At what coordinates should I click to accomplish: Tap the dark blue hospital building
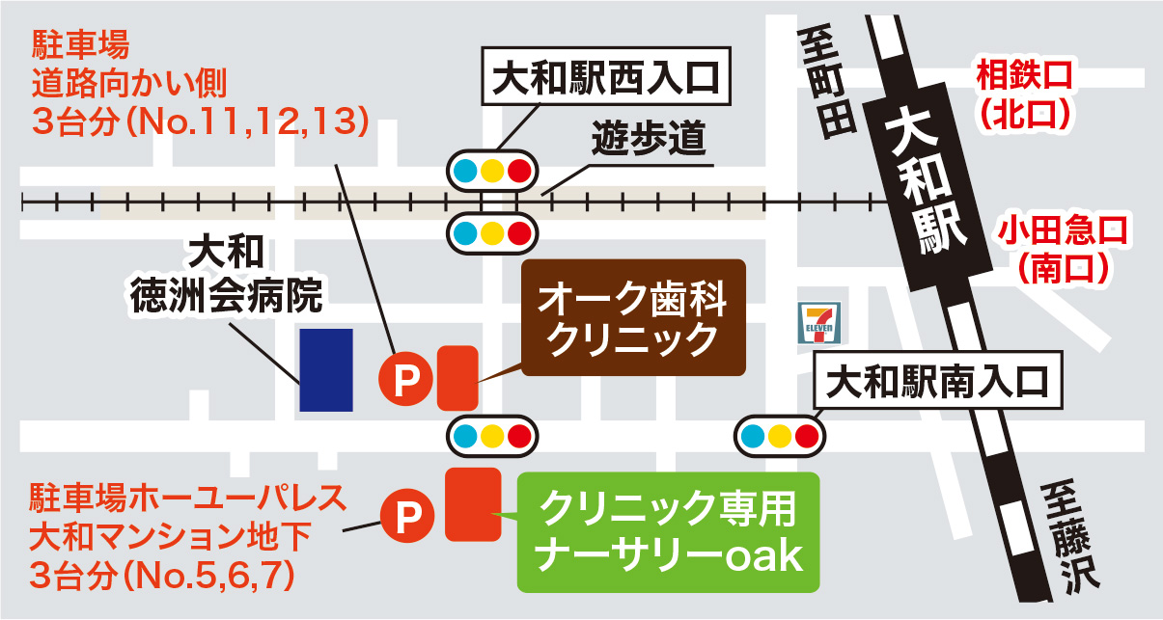(x=325, y=369)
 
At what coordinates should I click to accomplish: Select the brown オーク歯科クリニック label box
(x=633, y=318)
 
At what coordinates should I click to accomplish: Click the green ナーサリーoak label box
(x=668, y=531)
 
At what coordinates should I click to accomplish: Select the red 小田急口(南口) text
(x=1062, y=248)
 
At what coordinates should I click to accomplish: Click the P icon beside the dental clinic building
(x=404, y=378)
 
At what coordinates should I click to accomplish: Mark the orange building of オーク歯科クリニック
(x=457, y=377)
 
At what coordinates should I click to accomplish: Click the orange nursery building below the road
(x=472, y=503)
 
